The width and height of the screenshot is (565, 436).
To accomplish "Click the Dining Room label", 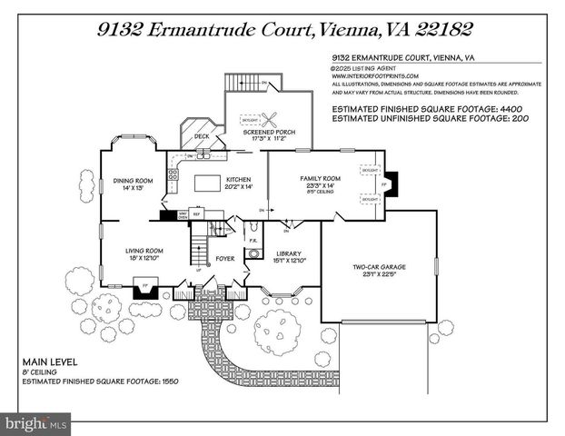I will (x=133, y=181).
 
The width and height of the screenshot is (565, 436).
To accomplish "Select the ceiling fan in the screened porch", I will (x=270, y=117).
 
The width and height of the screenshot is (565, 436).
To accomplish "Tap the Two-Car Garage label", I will (x=379, y=266).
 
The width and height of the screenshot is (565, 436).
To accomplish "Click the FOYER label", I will (x=225, y=257).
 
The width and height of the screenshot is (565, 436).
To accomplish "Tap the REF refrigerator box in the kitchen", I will (x=193, y=215).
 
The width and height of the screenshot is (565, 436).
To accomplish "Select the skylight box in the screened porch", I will (x=248, y=119).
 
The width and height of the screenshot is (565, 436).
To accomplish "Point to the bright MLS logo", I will (x=36, y=423).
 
